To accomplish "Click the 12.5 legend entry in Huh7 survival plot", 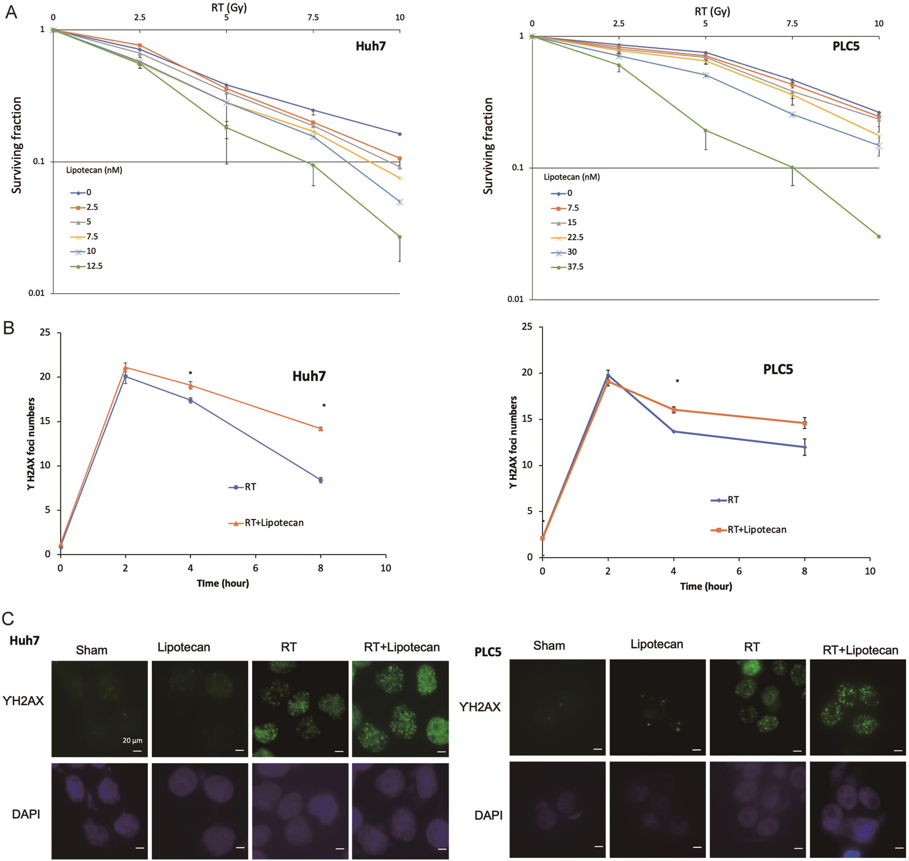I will click(94, 266).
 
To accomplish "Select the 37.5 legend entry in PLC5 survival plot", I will click(575, 267).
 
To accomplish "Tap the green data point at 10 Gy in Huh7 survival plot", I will click(400, 237).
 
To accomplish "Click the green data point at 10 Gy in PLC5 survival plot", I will click(879, 237).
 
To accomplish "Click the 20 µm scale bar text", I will click(132, 740).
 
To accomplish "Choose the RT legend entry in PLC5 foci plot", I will click(733, 500).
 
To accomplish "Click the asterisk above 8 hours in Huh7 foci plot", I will click(324, 406).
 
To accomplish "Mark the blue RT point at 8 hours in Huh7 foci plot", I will click(321, 480).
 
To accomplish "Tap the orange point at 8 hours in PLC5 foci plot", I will click(805, 423).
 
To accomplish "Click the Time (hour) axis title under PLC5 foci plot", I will click(706, 586).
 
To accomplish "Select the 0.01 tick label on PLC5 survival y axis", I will click(515, 299).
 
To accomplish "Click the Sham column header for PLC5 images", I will click(549, 646).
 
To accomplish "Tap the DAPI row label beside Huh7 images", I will click(26, 814).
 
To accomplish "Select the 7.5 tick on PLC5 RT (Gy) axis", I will click(792, 24).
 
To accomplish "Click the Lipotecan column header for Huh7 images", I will click(184, 648).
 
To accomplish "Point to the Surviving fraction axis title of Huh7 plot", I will click(17, 145).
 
